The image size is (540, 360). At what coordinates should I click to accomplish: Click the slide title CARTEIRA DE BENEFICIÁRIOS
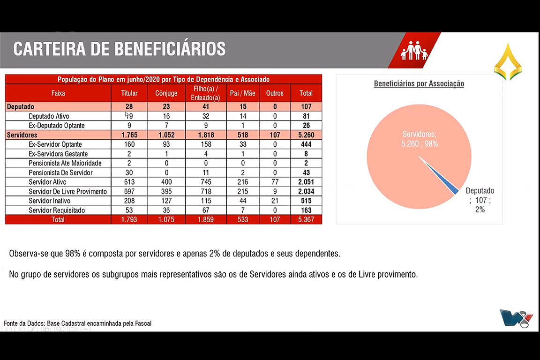click(120, 49)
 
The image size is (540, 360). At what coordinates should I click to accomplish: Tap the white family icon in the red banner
click(414, 51)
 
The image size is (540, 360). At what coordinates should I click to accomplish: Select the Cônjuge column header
click(166, 93)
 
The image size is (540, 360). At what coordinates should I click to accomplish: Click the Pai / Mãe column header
click(242, 93)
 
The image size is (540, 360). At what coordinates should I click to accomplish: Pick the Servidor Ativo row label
click(47, 182)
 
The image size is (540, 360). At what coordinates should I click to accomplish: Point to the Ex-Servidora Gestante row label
click(58, 154)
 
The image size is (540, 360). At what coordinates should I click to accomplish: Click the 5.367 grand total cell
click(306, 219)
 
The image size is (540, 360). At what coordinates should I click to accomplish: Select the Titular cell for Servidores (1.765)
click(129, 135)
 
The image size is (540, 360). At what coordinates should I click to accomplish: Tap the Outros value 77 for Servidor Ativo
click(275, 182)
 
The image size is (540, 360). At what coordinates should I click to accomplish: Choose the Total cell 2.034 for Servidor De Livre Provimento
click(306, 191)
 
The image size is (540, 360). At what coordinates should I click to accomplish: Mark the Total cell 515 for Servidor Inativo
click(306, 201)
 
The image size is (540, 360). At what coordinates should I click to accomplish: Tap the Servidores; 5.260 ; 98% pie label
click(419, 139)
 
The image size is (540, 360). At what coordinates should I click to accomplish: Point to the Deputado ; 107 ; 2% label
click(480, 200)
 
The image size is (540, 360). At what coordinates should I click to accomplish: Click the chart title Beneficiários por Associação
click(419, 84)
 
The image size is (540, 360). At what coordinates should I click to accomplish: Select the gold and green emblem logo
click(508, 62)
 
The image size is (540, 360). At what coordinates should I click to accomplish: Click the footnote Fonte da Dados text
click(78, 323)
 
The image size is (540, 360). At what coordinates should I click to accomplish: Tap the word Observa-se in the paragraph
click(27, 254)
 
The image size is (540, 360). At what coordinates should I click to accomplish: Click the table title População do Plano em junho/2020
click(163, 80)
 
